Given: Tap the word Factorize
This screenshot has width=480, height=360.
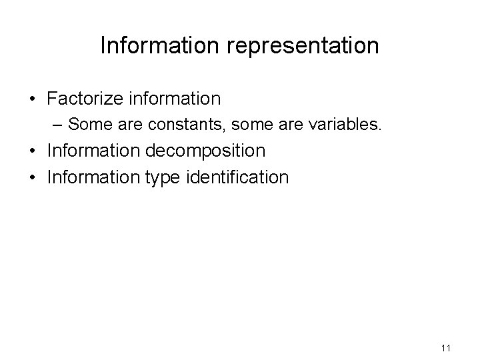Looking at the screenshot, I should point(83,99).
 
